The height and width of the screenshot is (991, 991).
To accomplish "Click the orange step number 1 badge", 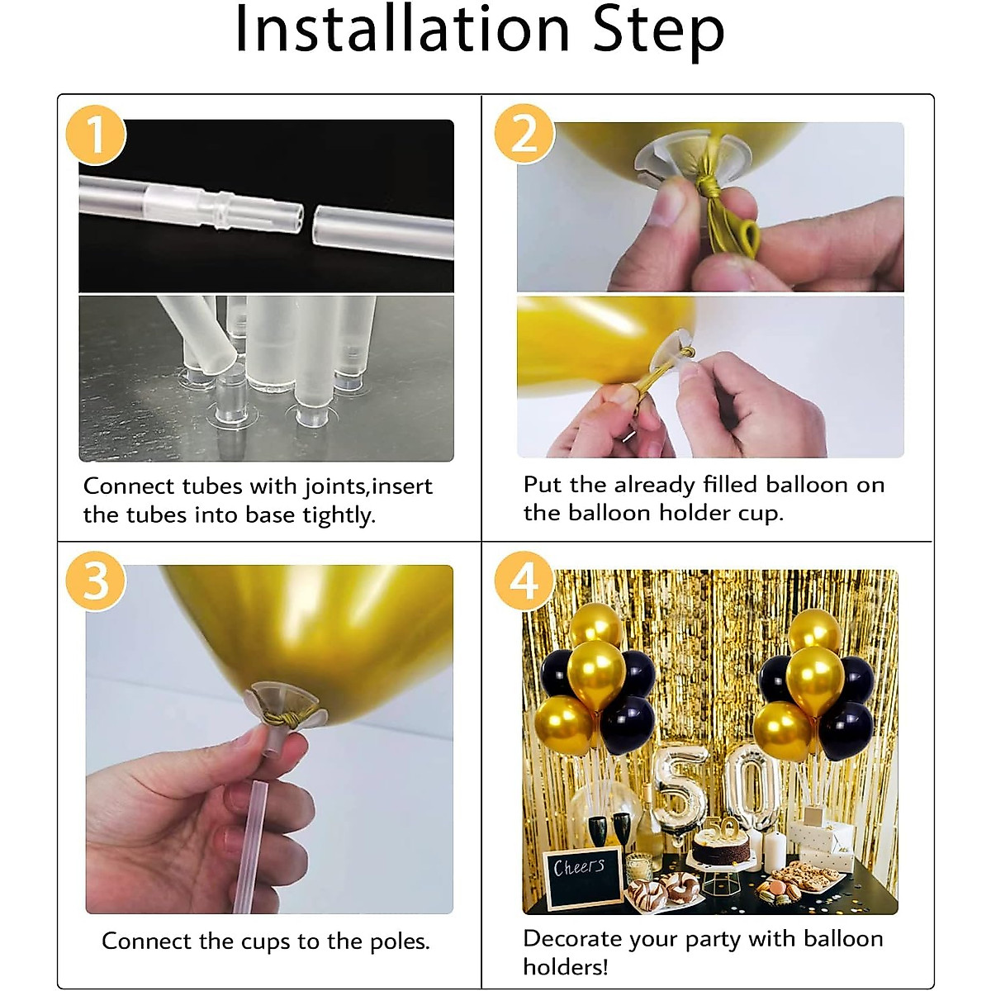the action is point(96,135).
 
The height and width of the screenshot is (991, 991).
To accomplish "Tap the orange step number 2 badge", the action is point(524,134).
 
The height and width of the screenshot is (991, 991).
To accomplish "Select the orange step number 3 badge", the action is point(96,581).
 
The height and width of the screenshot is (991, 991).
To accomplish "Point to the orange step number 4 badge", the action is point(524,581).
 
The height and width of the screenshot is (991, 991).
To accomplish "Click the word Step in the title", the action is point(659,32).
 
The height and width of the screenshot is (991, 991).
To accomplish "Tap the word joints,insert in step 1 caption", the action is point(367,486).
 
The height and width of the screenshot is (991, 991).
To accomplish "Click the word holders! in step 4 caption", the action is point(566,967).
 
